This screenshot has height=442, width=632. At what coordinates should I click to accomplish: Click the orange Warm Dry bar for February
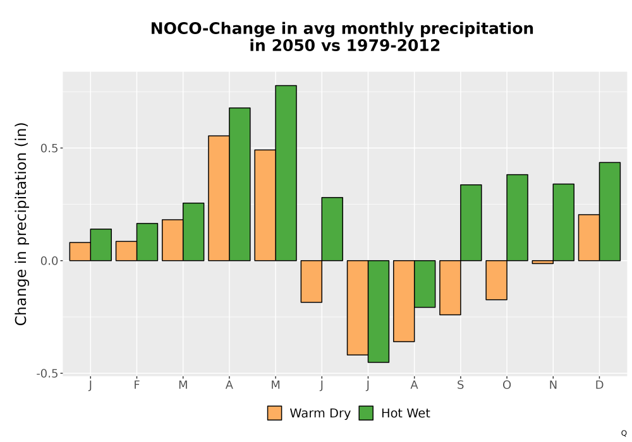126,251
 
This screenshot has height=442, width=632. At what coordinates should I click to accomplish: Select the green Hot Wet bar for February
147,242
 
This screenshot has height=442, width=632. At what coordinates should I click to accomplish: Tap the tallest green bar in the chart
286,173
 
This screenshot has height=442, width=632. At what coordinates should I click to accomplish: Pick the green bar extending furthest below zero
379,311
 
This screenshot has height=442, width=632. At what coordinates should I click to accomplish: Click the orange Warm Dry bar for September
450,287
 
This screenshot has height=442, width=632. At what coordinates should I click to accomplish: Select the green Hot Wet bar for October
517,217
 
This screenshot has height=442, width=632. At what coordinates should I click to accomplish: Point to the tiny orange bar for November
542,262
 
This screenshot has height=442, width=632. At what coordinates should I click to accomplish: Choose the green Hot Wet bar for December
610,212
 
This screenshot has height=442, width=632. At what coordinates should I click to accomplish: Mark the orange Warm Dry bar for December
589,237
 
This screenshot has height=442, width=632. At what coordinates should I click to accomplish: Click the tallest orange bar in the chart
219,198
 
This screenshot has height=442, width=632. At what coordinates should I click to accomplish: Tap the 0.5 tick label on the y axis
49,148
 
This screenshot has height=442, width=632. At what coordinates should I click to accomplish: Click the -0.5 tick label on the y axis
47,374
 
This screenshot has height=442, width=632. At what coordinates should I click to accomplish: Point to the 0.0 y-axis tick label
49,261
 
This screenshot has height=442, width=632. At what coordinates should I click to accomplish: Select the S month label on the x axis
460,385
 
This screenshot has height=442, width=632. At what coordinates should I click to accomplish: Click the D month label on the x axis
599,385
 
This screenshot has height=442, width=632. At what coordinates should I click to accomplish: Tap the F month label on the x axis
137,385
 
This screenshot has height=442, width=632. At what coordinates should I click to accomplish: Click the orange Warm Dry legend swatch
274,413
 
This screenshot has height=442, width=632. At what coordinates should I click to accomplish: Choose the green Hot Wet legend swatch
366,413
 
